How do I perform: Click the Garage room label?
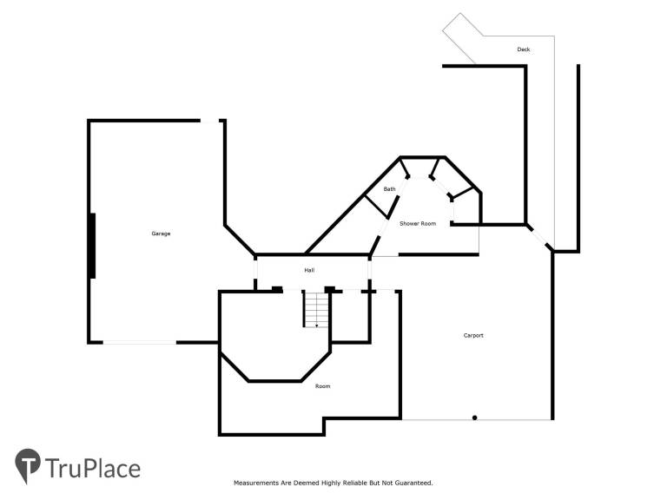[x=161, y=234]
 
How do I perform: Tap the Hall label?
[x=309, y=270]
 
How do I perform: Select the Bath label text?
[x=389, y=188]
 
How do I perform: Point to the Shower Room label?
[x=418, y=223]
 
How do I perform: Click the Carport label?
[x=473, y=335]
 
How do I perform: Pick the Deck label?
[x=524, y=49]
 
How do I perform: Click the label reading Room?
[x=322, y=386]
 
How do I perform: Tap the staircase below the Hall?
[x=316, y=309]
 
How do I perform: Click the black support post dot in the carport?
[x=475, y=418]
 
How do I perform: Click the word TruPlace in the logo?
[x=93, y=469]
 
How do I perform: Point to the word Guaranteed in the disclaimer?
[x=413, y=483]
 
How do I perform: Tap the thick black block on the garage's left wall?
[x=92, y=247]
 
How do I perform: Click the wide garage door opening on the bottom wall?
[x=140, y=342]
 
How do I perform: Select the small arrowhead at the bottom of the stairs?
[x=316, y=326]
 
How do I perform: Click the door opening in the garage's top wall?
[x=209, y=122]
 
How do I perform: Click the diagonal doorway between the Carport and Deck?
[x=539, y=237]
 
